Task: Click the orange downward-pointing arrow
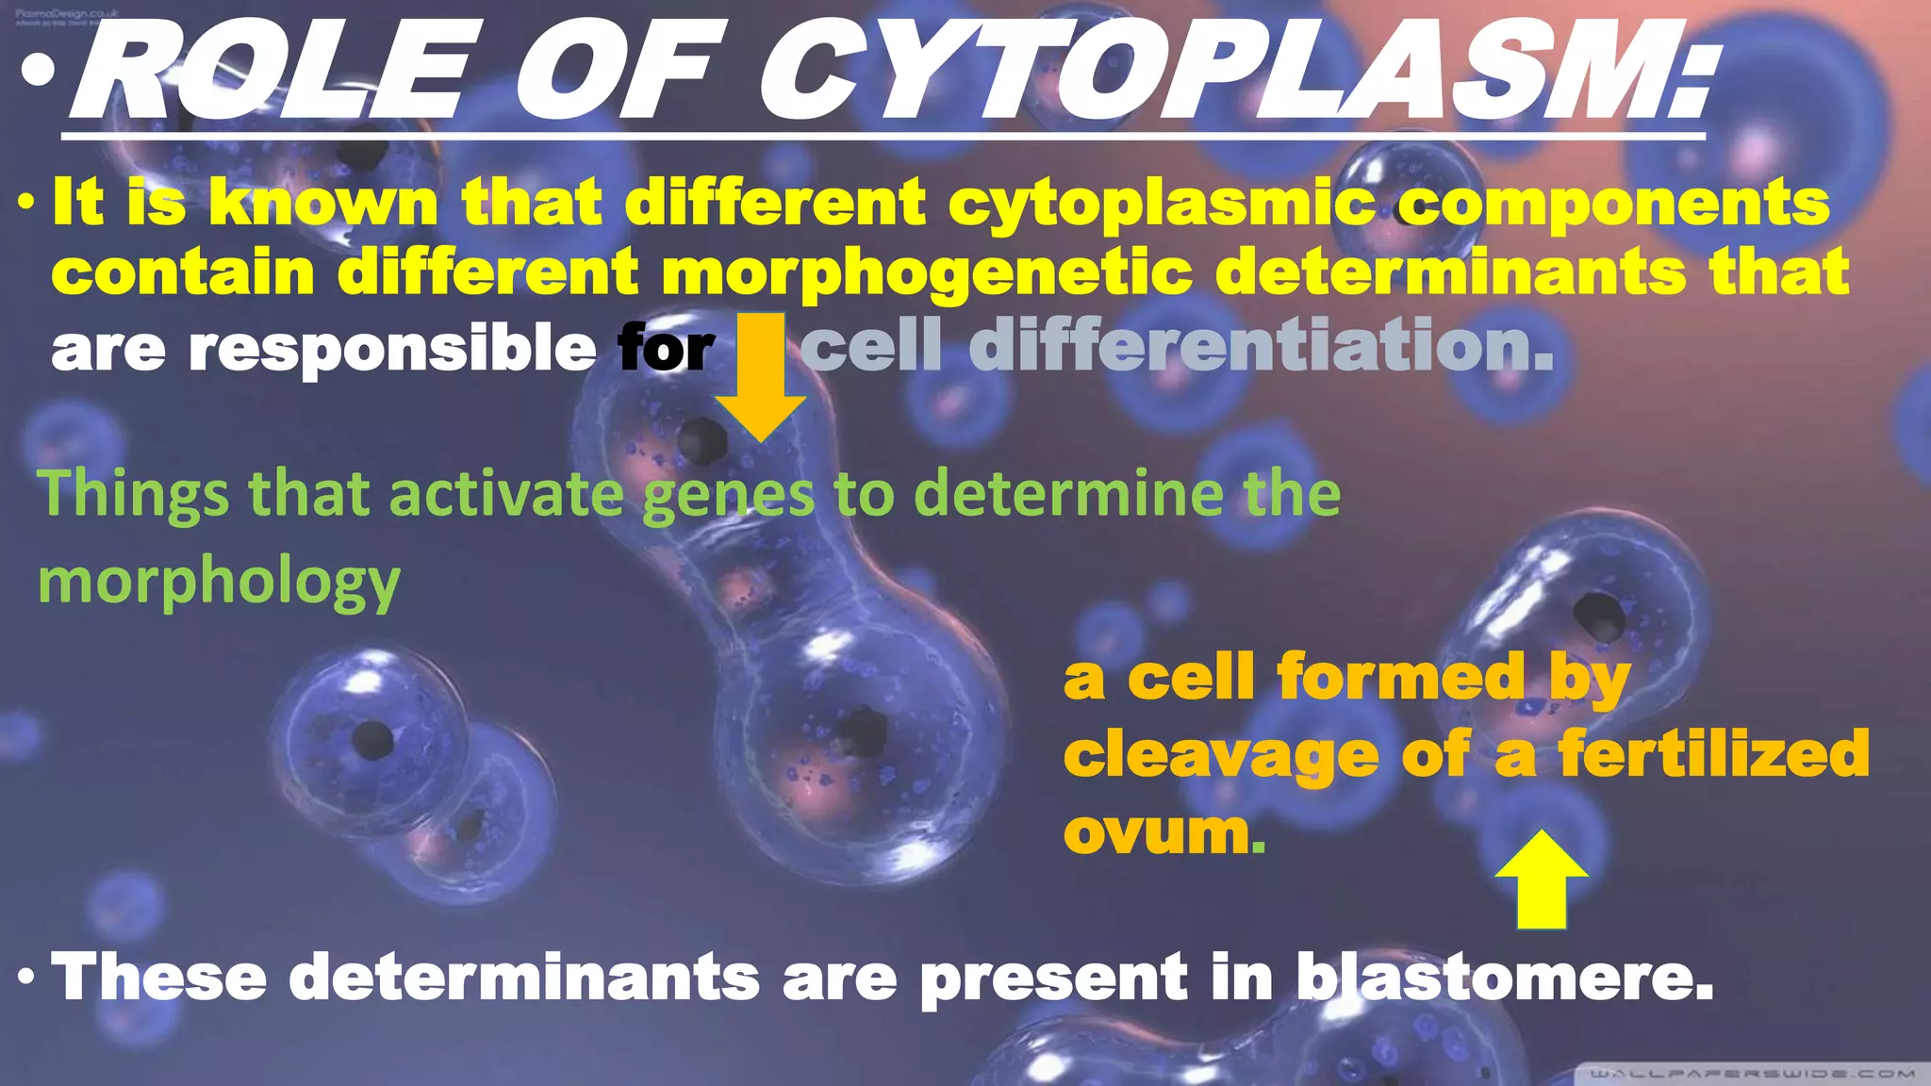(761, 377)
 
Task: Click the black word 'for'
(667, 349)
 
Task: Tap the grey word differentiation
(1262, 345)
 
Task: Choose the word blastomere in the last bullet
(1505, 977)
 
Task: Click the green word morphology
(219, 582)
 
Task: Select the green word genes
(728, 495)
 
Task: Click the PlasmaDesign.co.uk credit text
(66, 14)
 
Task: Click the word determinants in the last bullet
(523, 977)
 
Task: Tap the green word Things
(133, 495)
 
